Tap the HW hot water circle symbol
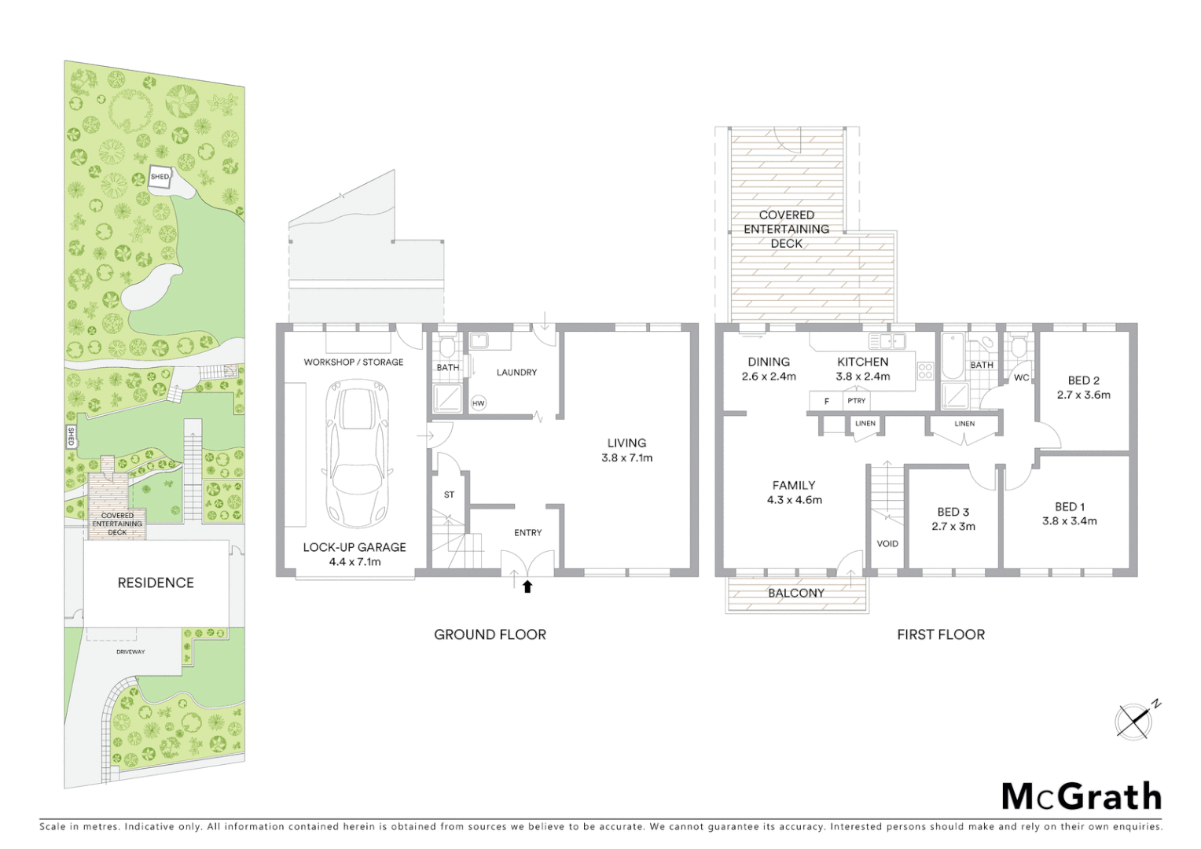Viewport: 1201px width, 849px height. tap(478, 403)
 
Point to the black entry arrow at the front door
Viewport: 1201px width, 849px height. tap(527, 586)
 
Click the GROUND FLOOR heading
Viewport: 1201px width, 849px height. tap(490, 634)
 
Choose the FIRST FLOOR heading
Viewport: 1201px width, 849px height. tap(940, 634)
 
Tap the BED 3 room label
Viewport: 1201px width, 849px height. tap(953, 512)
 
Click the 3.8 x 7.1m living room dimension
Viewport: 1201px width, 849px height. tap(626, 458)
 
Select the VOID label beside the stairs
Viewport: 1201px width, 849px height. tap(887, 543)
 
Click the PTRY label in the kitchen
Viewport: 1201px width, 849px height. tap(856, 401)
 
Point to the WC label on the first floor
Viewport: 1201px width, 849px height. tap(1021, 378)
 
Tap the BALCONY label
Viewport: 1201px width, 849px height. tap(796, 594)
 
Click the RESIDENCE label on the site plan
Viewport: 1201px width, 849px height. tap(156, 583)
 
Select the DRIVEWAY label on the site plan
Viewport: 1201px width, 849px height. tap(130, 652)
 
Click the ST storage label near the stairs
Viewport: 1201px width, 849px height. tap(449, 495)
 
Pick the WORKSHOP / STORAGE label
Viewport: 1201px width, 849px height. tap(354, 362)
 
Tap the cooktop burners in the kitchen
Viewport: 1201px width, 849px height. tap(925, 370)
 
